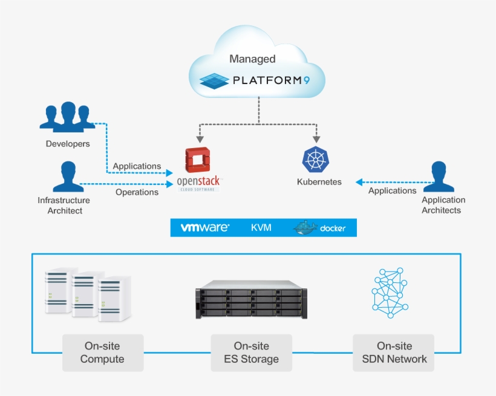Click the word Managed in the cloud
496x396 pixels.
252,59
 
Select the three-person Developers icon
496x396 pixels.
67,117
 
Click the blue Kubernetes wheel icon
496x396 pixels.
315,159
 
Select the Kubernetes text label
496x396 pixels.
319,181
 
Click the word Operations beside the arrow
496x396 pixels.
137,192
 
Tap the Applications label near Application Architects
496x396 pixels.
392,190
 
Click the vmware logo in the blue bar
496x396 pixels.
205,228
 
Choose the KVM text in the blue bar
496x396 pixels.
261,228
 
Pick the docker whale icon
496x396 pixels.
305,227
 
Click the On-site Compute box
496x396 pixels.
102,352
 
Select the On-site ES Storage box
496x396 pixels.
251,352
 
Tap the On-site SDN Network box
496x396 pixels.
394,352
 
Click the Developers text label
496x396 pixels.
68,144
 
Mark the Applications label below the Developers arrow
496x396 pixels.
137,166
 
